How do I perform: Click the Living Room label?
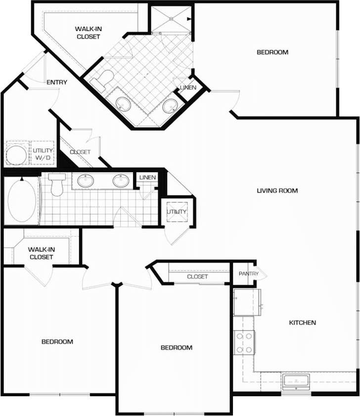[x=277, y=190]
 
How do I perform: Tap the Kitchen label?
[x=302, y=323]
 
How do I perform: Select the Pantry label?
[x=248, y=274]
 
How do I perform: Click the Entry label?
[x=57, y=82]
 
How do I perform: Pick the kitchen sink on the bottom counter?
[x=295, y=381]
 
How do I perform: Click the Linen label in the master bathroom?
[x=188, y=88]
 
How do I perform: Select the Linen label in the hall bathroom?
[x=147, y=178]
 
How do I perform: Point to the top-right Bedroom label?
[x=272, y=52]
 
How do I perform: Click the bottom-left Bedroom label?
[x=57, y=341]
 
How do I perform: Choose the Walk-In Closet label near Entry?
[x=88, y=33]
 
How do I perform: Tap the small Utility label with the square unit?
[x=177, y=212]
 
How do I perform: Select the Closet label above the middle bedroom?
[x=197, y=277]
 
